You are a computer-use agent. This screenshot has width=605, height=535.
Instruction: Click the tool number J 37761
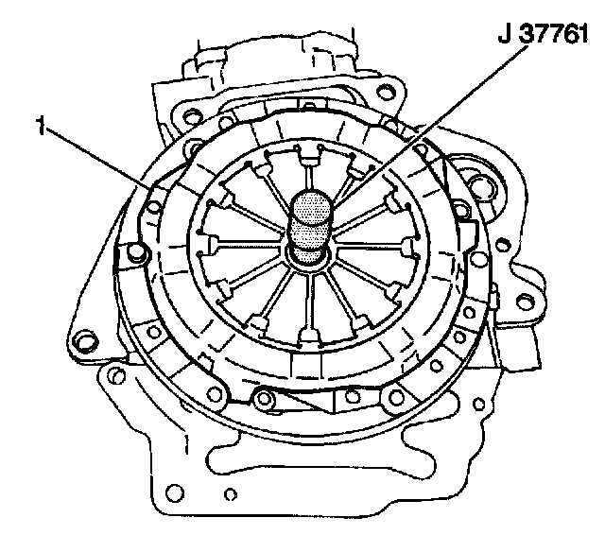click(543, 34)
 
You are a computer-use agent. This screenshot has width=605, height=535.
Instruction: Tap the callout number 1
click(40, 126)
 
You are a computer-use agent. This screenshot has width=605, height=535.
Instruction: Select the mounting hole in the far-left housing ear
click(82, 341)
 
